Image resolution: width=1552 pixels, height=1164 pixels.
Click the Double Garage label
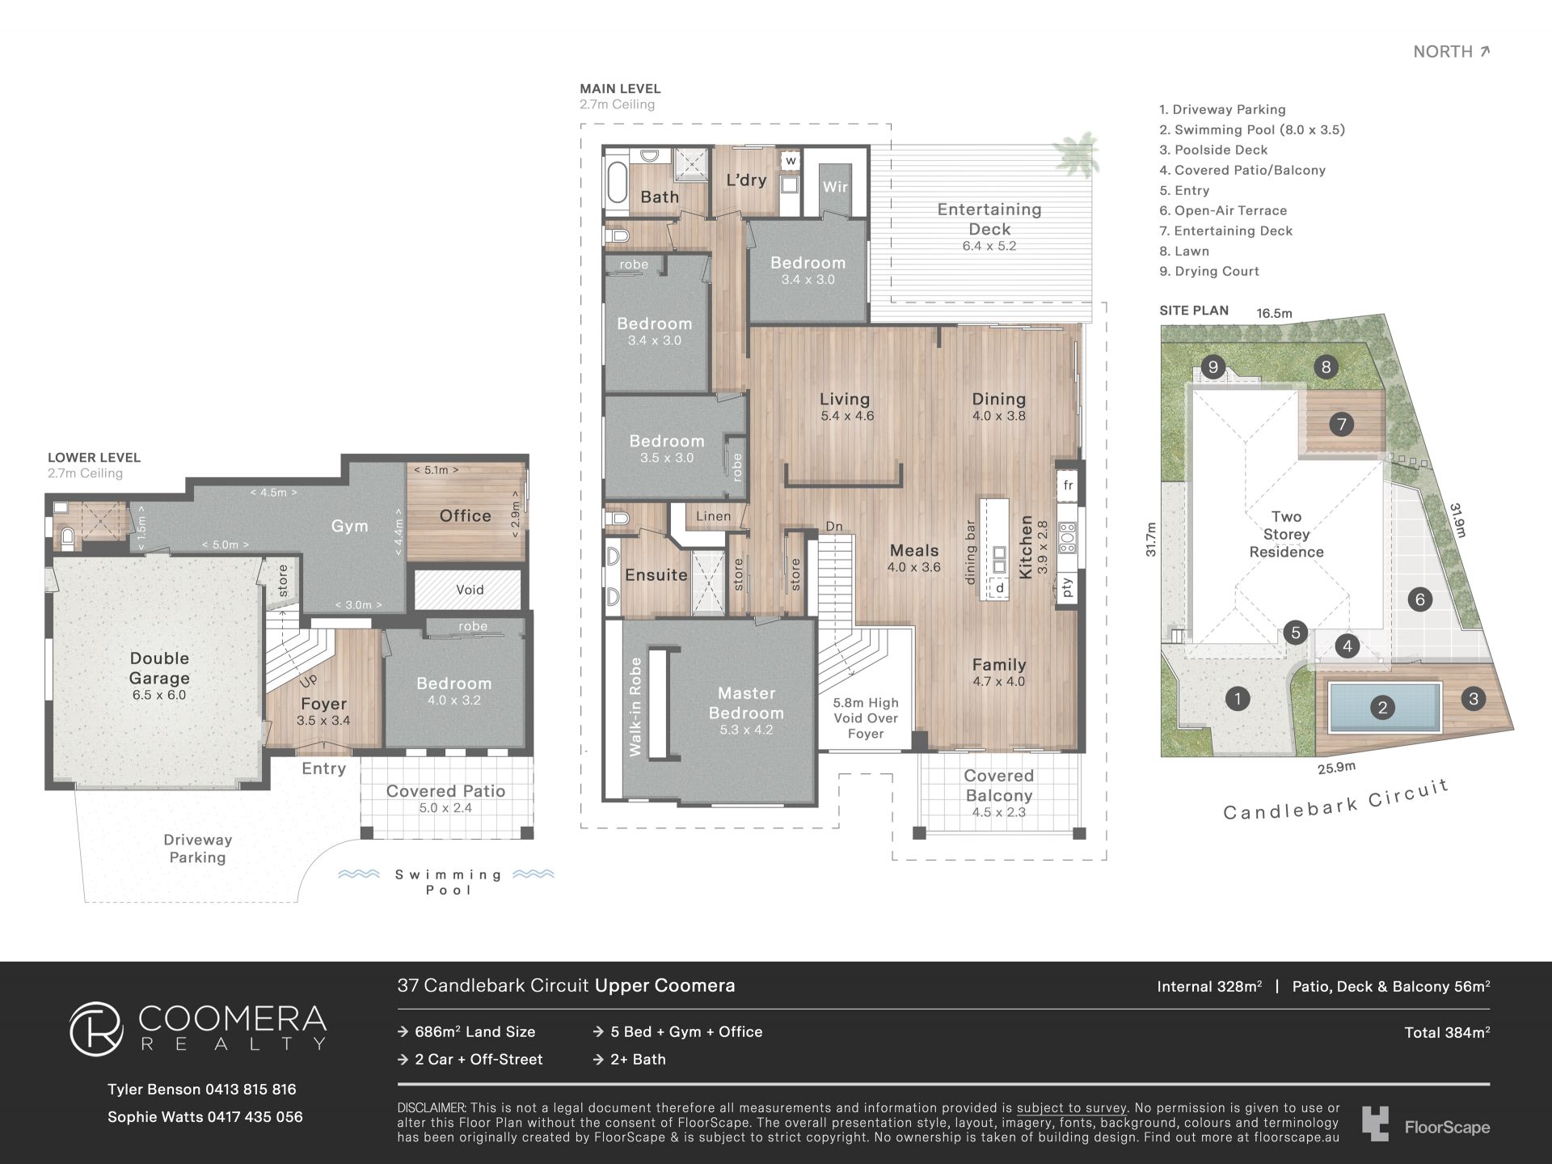(x=159, y=668)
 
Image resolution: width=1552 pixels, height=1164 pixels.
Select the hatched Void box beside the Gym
(x=469, y=590)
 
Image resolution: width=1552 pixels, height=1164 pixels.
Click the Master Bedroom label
(x=746, y=703)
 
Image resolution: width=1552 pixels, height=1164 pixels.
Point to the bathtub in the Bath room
(x=617, y=183)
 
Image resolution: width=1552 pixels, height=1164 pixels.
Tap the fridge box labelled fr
(x=1068, y=485)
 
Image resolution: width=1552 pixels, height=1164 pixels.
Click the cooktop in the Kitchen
(x=1068, y=537)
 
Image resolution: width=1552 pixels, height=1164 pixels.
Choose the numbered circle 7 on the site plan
(x=1342, y=424)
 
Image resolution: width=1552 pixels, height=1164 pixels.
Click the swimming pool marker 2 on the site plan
(x=1382, y=708)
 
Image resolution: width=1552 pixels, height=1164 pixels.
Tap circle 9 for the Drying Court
(x=1212, y=367)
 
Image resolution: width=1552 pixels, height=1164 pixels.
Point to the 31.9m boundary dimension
(x=1457, y=520)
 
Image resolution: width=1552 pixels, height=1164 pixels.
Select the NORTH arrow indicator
(x=1484, y=52)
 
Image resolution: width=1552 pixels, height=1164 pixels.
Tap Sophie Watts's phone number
(x=255, y=1116)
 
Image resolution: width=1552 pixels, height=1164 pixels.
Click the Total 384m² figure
(x=1447, y=1032)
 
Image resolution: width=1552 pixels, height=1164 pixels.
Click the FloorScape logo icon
(x=1375, y=1124)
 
